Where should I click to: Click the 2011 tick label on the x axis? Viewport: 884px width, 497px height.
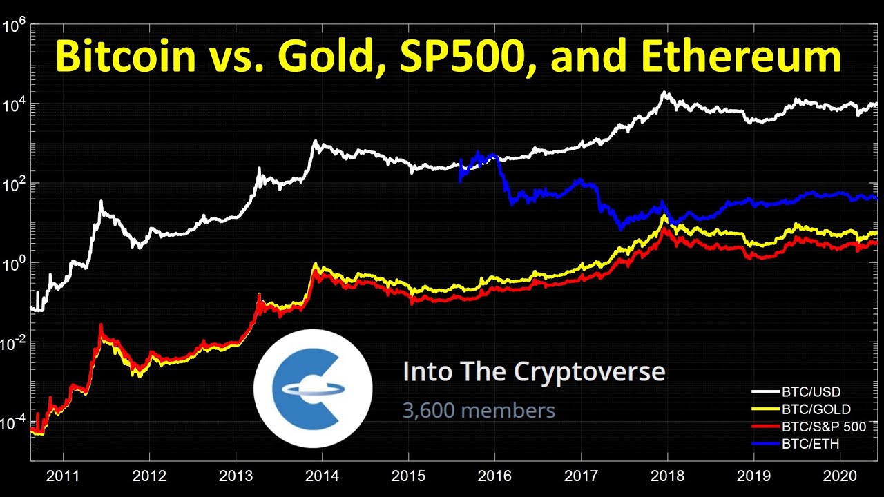tap(63, 476)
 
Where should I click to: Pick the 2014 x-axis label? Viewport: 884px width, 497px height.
tap(322, 476)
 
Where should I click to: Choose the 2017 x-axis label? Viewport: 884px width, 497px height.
tap(581, 476)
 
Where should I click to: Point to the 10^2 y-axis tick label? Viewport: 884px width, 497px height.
tap(15, 185)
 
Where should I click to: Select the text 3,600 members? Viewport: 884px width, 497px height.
tap(479, 411)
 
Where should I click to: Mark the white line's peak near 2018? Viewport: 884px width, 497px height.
tap(664, 92)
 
